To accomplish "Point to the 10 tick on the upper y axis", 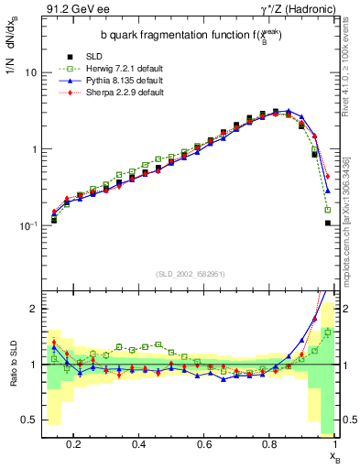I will click(x=30, y=72).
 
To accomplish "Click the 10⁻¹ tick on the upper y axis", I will click(x=27, y=225).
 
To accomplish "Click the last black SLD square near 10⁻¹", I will click(x=327, y=223).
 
